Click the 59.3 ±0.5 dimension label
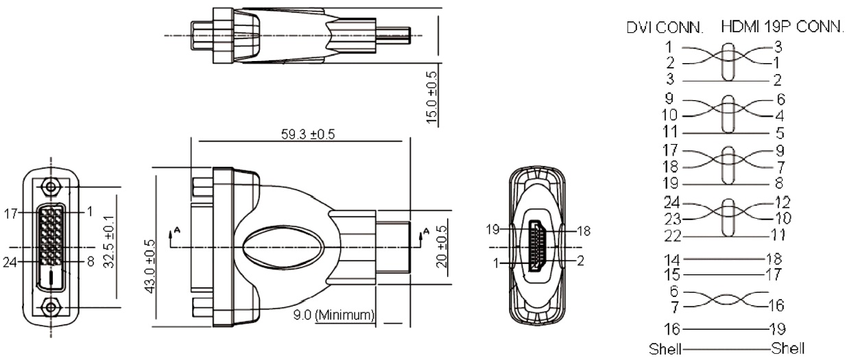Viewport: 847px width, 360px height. tap(308, 134)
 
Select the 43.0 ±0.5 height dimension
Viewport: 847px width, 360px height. tap(150, 266)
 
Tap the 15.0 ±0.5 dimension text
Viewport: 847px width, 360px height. tap(431, 97)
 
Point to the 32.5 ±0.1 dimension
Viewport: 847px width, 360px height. tap(109, 241)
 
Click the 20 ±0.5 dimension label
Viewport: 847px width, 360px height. tap(441, 247)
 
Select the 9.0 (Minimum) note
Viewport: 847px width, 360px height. tap(334, 315)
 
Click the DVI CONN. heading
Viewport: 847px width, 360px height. tap(665, 27)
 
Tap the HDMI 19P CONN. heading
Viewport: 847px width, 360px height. tap(783, 27)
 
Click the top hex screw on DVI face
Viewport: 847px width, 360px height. tap(51, 187)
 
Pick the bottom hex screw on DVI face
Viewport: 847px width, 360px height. tap(51, 307)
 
